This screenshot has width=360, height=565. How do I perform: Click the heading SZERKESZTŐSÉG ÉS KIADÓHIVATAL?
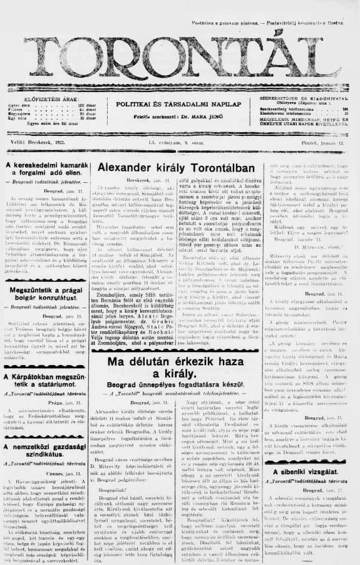coord(302,99)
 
